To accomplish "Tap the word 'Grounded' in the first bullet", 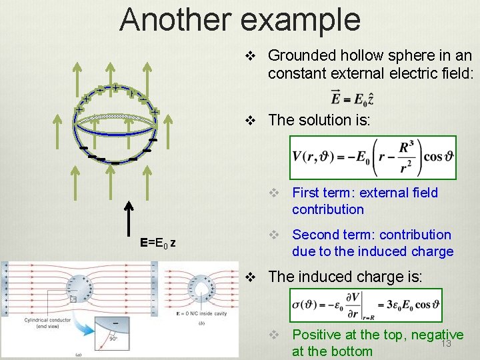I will click(299, 55).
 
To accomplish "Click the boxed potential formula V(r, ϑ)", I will click(372, 158).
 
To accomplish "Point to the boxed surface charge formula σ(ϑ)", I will click(365, 306).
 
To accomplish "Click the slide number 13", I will click(446, 343).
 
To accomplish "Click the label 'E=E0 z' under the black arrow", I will click(157, 242).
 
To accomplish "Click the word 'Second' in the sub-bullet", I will click(316, 235).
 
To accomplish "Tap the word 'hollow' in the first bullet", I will click(353, 55).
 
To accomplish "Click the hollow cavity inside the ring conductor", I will click(198, 283).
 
